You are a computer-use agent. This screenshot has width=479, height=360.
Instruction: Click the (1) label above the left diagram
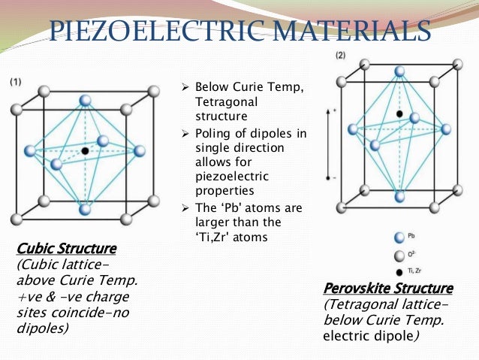pos(15,81)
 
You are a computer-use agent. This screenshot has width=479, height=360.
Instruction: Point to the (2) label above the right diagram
pos(341,56)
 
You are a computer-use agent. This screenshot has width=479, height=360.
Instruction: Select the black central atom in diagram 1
pos(85,151)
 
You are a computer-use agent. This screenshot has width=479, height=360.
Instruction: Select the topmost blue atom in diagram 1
pos(85,100)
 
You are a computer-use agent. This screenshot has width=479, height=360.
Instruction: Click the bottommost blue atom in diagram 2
pos(399,198)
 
